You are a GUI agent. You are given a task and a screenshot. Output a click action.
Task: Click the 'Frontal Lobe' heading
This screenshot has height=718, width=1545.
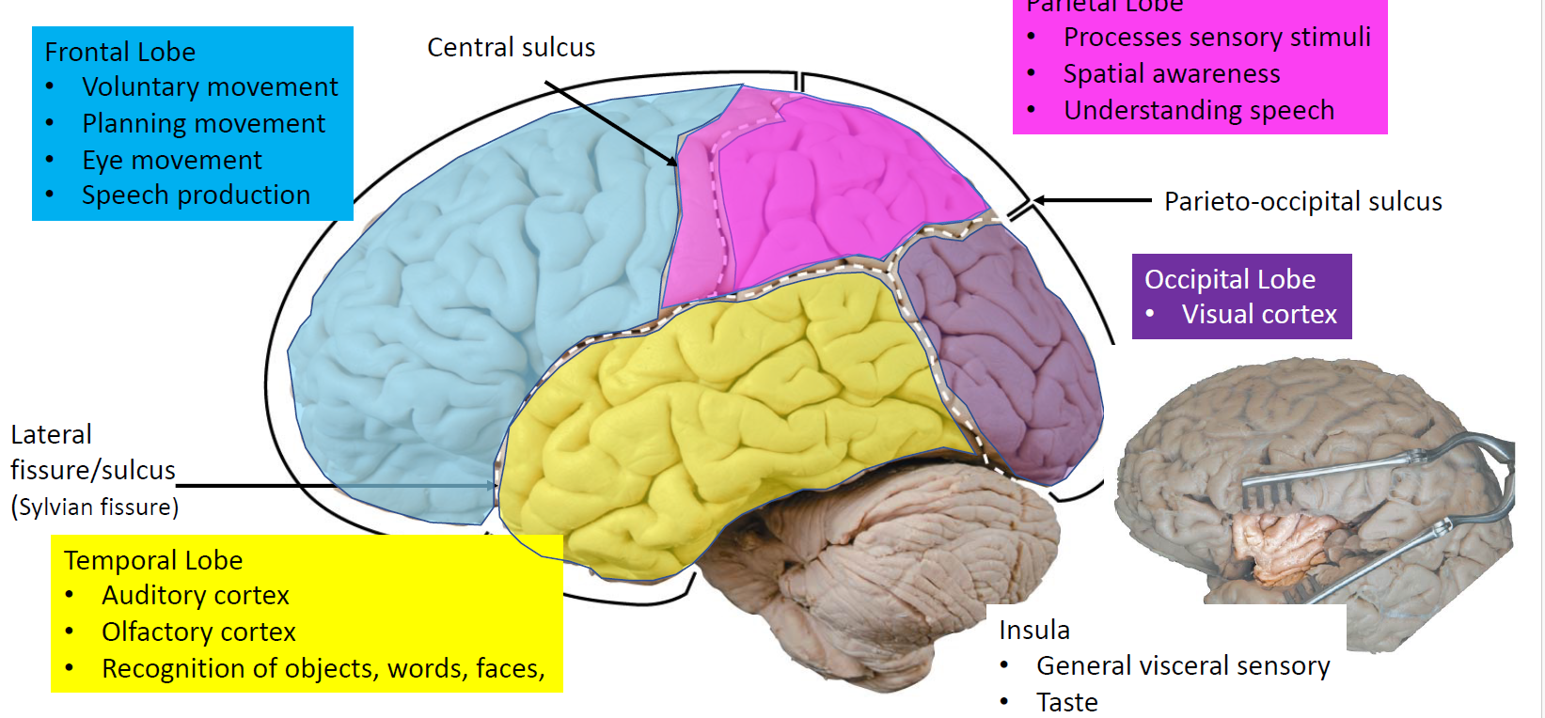(x=120, y=52)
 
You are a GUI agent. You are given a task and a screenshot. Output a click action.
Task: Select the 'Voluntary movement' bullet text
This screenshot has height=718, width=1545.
(x=210, y=86)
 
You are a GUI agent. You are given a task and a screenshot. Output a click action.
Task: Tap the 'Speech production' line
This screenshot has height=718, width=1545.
(x=196, y=195)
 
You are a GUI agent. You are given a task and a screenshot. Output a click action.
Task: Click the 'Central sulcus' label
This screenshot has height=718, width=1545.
(x=511, y=47)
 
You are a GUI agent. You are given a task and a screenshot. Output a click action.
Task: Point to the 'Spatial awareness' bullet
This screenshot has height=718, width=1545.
(x=1172, y=73)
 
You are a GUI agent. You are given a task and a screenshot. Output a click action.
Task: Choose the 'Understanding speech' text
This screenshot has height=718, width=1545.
(x=1199, y=110)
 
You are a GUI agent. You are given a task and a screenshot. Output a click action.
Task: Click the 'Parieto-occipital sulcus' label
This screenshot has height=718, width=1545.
(x=1302, y=201)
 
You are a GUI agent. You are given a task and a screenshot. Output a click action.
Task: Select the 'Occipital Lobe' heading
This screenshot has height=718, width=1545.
(x=1229, y=279)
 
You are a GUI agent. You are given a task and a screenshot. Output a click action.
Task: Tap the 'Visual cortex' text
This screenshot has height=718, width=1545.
(x=1259, y=314)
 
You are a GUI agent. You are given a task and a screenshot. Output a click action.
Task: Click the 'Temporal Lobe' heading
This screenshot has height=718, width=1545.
(x=153, y=560)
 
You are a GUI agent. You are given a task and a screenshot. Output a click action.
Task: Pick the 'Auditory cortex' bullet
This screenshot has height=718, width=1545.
(x=196, y=595)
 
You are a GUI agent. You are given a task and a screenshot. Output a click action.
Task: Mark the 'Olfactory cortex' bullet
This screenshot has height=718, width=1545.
(x=198, y=632)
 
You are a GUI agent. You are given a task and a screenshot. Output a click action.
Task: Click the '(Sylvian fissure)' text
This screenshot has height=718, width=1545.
(x=95, y=507)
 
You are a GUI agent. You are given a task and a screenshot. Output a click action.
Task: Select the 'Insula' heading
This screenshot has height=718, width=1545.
(x=1033, y=630)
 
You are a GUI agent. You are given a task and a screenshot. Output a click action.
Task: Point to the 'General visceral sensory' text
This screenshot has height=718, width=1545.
(x=1183, y=665)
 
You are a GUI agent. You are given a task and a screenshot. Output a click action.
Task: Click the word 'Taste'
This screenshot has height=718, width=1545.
(x=1066, y=702)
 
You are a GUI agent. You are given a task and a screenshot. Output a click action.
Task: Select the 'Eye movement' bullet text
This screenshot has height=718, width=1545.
(x=172, y=160)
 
